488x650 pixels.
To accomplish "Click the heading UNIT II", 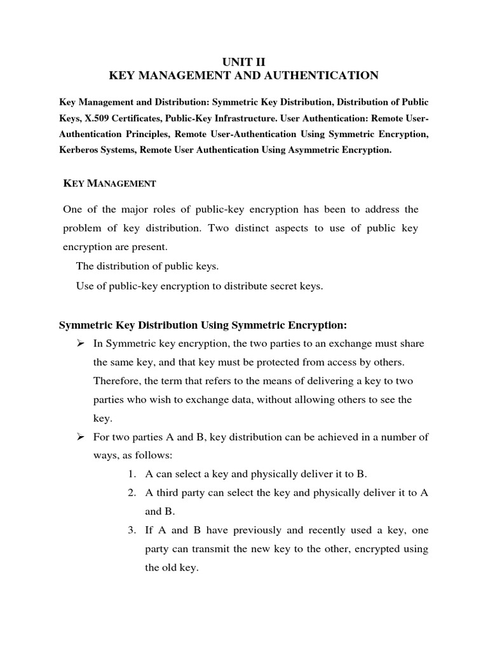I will [244, 62].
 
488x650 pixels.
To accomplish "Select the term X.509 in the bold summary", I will [96, 117].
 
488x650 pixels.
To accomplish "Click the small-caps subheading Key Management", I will [109, 183].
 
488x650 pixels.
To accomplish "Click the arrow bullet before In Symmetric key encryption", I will [80, 343].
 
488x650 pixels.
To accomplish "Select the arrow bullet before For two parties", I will [80, 437].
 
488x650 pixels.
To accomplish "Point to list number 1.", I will [132, 474].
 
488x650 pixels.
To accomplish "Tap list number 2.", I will [132, 493].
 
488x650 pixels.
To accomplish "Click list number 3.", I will [132, 531].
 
